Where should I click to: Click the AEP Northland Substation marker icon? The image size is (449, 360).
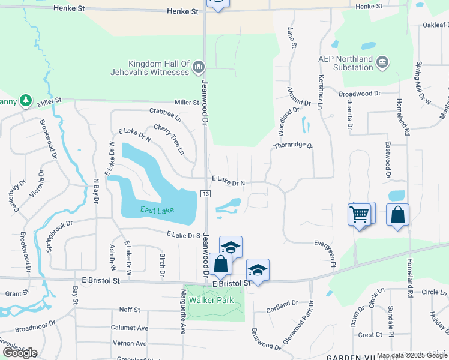(382, 62)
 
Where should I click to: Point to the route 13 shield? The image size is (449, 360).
(206, 193)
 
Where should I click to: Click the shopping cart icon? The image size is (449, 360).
(358, 213)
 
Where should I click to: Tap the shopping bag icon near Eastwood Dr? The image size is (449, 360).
(398, 215)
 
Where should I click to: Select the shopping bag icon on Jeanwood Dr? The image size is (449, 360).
(221, 265)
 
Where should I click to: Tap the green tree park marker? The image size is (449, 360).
(25, 100)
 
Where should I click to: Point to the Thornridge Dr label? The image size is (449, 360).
(293, 146)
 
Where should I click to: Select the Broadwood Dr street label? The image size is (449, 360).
(360, 94)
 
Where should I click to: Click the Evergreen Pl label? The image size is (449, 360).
(324, 250)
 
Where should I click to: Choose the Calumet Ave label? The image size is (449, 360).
(129, 328)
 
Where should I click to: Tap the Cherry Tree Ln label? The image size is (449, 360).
(170, 140)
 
